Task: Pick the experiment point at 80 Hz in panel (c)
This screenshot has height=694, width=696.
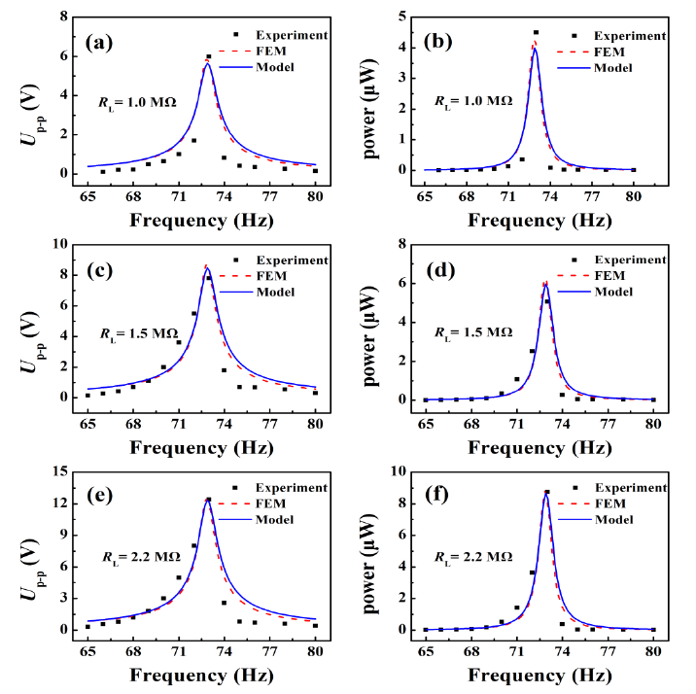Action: (x=315, y=393)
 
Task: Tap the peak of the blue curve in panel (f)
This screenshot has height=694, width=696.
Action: (x=545, y=495)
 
